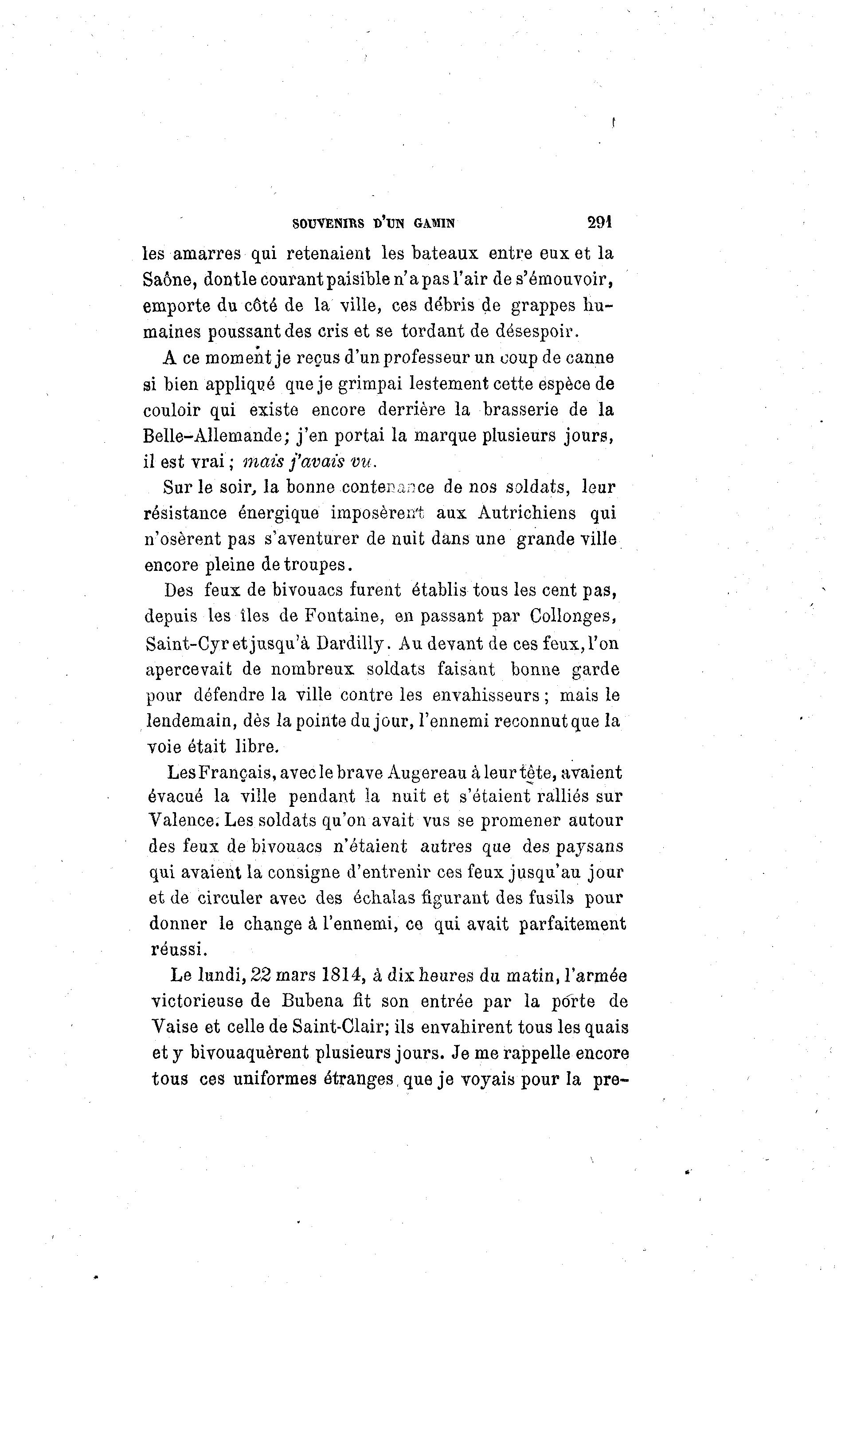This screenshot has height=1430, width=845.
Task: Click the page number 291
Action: pyautogui.click(x=599, y=222)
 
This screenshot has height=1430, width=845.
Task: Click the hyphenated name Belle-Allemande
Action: pyautogui.click(x=213, y=436)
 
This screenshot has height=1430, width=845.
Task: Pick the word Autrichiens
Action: pyautogui.click(x=527, y=513)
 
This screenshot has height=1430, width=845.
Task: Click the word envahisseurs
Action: pyautogui.click(x=486, y=695)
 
